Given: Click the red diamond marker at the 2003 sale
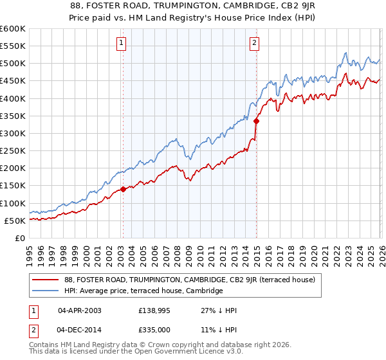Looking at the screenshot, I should click(123, 190).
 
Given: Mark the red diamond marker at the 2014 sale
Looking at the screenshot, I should click(256, 121).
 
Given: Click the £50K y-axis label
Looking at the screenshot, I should click(15, 221).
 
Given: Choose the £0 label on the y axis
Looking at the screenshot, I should click(19, 238).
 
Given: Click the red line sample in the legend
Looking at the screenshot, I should click(46, 280).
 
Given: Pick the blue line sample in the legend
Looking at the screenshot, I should click(46, 291).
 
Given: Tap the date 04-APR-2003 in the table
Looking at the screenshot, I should click(79, 310).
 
